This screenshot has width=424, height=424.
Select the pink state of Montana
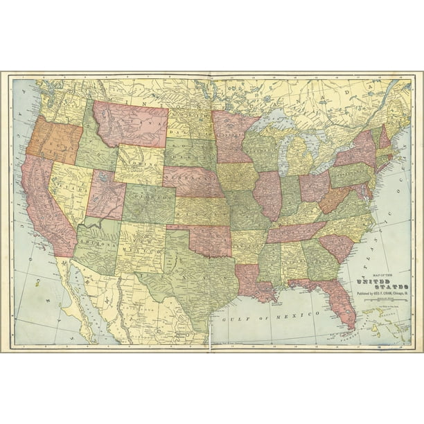132,125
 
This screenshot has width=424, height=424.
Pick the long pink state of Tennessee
294,232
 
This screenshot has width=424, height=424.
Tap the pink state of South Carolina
337,246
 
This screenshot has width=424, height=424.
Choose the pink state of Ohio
314,186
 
